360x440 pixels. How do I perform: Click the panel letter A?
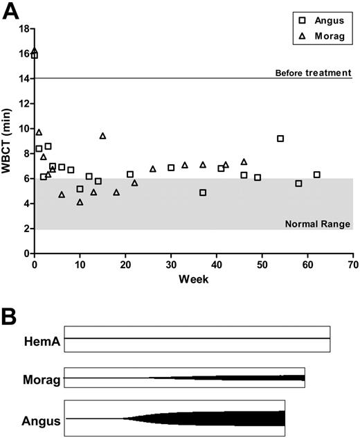click(11, 12)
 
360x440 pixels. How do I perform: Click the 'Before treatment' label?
click(313, 73)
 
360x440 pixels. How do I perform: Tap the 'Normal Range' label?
click(318, 224)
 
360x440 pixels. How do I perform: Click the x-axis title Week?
click(194, 279)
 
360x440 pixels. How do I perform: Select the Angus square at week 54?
click(280, 139)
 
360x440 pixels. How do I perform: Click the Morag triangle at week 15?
click(102, 136)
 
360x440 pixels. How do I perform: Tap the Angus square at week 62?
click(316, 175)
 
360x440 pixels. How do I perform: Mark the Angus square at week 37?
click(203, 193)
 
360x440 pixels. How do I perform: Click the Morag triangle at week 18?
click(116, 192)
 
